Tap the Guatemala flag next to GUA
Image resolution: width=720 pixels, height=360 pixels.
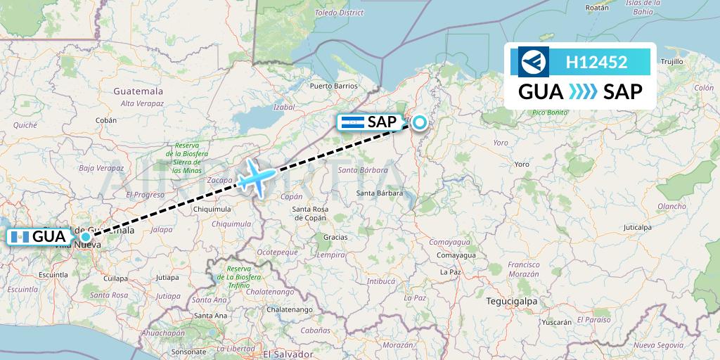(x=19, y=237)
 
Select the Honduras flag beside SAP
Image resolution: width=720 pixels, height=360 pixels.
(x=351, y=122)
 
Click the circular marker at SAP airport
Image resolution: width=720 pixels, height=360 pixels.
(x=420, y=123)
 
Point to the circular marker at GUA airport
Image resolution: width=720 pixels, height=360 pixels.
(x=86, y=237)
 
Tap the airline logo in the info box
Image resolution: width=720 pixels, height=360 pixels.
(x=534, y=62)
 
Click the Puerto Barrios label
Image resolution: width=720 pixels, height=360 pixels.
(x=334, y=86)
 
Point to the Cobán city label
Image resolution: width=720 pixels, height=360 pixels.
(x=106, y=120)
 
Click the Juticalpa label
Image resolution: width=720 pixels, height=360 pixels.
(x=637, y=228)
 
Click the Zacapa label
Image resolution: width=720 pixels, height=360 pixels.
(x=219, y=180)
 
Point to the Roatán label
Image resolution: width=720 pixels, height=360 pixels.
(x=597, y=8)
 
